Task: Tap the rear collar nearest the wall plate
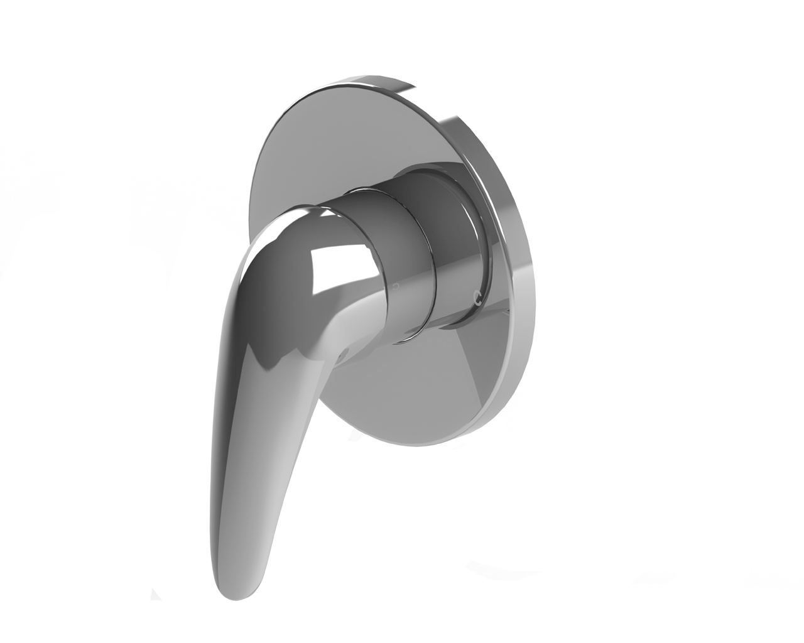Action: click(x=459, y=251)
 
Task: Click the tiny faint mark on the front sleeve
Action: click(x=394, y=286)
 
